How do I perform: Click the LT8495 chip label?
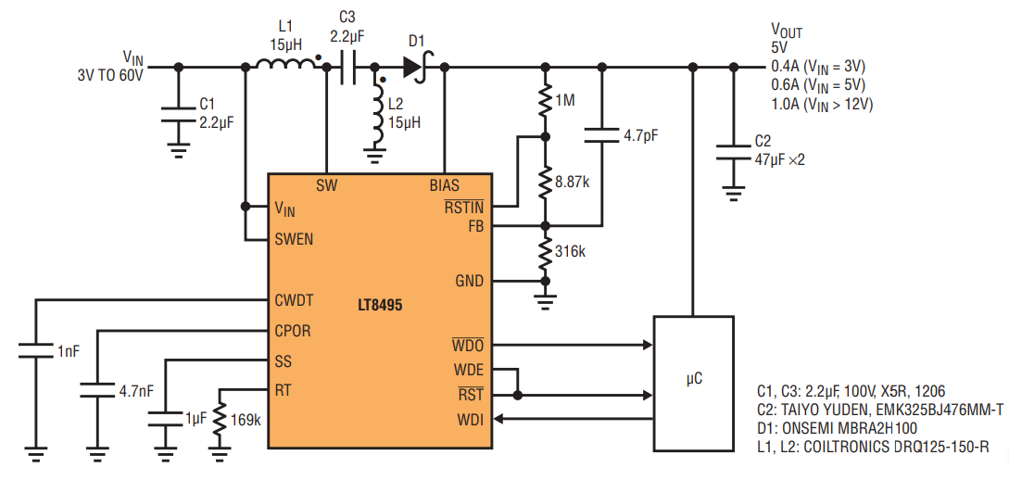pos(380,305)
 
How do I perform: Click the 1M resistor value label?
pos(565,100)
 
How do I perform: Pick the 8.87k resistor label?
pos(572,183)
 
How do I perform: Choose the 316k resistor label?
pos(570,251)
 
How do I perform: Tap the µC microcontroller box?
pos(694,384)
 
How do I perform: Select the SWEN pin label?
pos(294,239)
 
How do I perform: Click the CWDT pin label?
pos(294,300)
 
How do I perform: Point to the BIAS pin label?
pos(445,186)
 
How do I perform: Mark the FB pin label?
pos(476,226)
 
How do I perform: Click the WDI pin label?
pos(471,420)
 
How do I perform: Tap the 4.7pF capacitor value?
pos(640,136)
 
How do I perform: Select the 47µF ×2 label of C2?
pos(779,159)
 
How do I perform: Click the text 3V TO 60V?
pos(110,75)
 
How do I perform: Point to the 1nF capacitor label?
pos(69,351)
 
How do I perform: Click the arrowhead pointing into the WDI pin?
pos(498,420)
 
